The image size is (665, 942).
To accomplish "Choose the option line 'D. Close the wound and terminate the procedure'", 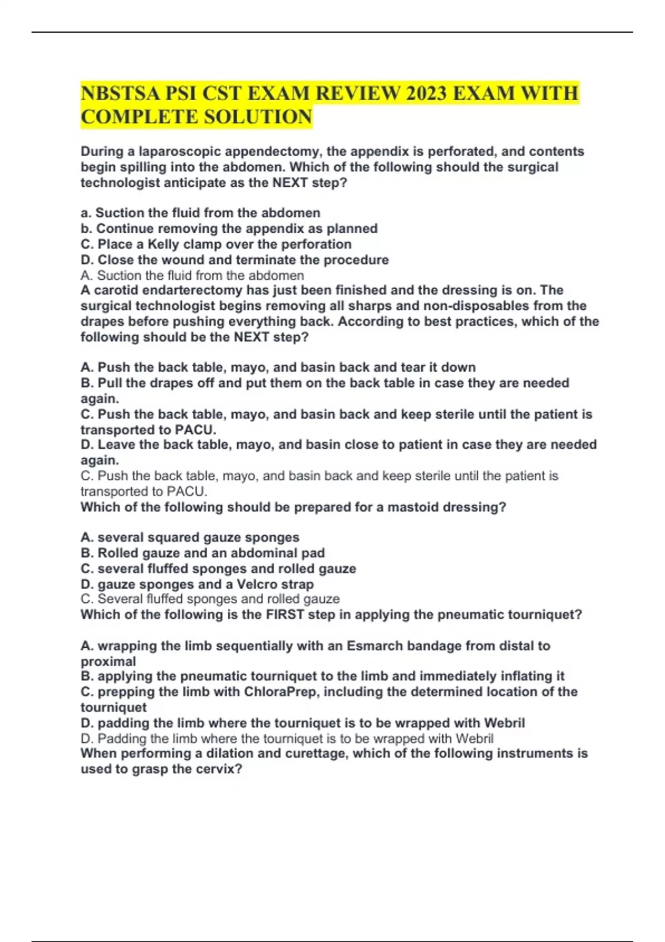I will point(234,260).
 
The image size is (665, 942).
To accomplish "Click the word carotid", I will point(116,290).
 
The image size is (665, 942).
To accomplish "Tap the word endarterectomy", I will point(192,290).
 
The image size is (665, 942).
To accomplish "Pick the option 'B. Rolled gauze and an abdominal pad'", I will point(202,553).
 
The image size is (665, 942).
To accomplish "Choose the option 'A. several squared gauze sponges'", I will point(190,537).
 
